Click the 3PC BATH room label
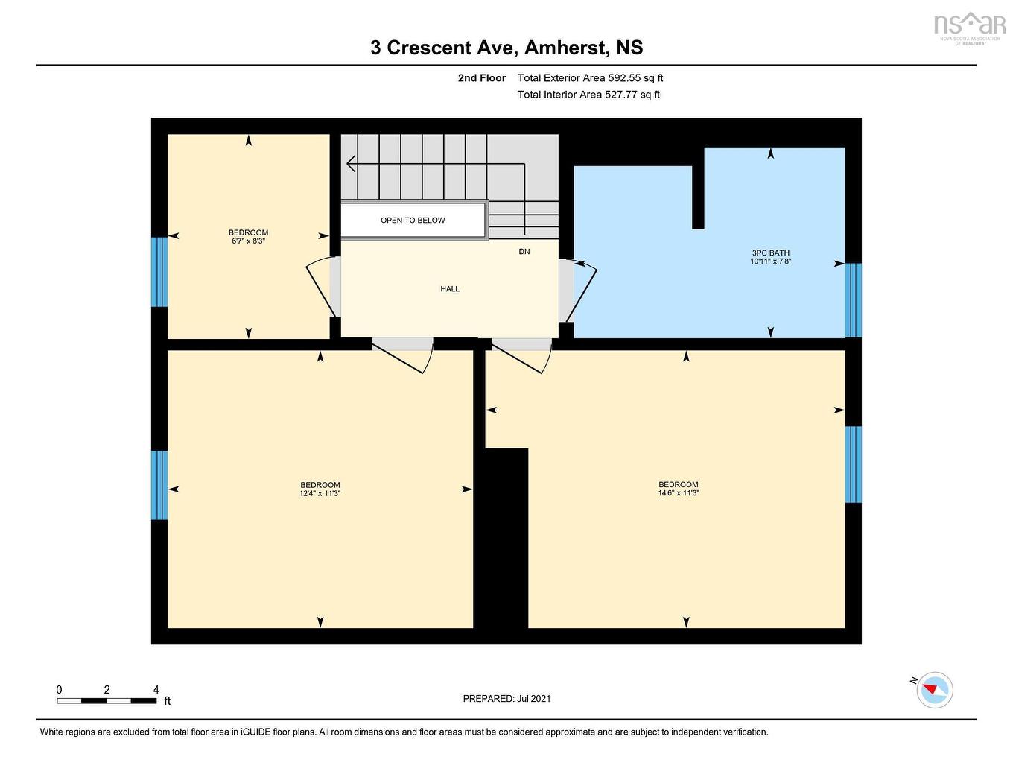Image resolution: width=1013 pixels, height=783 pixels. pos(770,253)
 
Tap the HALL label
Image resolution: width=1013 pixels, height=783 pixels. pos(450,289)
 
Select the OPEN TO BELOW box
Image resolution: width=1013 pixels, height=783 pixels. pos(413,221)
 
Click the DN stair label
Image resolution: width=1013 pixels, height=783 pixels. pos(524,252)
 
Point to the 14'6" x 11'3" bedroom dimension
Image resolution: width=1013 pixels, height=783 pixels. pos(679,493)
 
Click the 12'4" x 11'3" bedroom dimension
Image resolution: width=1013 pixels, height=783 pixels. pos(320,494)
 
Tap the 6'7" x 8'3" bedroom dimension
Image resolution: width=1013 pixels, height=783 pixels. pos(248,241)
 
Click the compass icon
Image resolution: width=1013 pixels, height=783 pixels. pos(935,690)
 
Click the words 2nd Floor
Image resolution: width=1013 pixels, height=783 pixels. pos(482,78)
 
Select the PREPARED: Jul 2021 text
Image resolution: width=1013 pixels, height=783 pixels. pos(506,699)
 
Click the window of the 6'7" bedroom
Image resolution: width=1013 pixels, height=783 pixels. pos(159,272)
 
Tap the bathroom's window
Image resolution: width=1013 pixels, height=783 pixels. pos(854,300)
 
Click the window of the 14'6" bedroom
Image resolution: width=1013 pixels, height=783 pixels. pos(854,464)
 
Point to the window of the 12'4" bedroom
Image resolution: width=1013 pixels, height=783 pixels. pos(159,485)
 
